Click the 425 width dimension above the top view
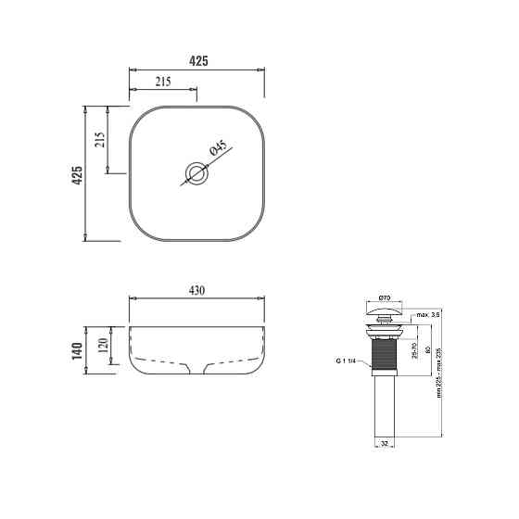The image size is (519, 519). coord(197,60)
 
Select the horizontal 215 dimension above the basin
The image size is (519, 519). coord(162,82)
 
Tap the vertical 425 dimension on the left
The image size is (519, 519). coord(77,174)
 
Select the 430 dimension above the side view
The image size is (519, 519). coord(197,290)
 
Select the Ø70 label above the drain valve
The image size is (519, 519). coord(384,297)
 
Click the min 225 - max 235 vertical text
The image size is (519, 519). coord(439,371)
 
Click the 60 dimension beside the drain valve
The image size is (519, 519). coord(427,351)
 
